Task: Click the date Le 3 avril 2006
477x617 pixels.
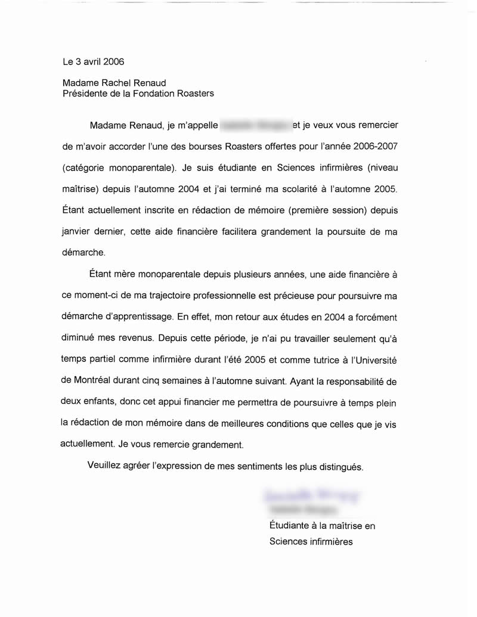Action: [x=94, y=61]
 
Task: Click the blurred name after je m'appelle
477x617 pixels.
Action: [x=256, y=126]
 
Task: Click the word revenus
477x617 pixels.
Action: [x=137, y=338]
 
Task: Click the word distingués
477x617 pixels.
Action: [x=340, y=466]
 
